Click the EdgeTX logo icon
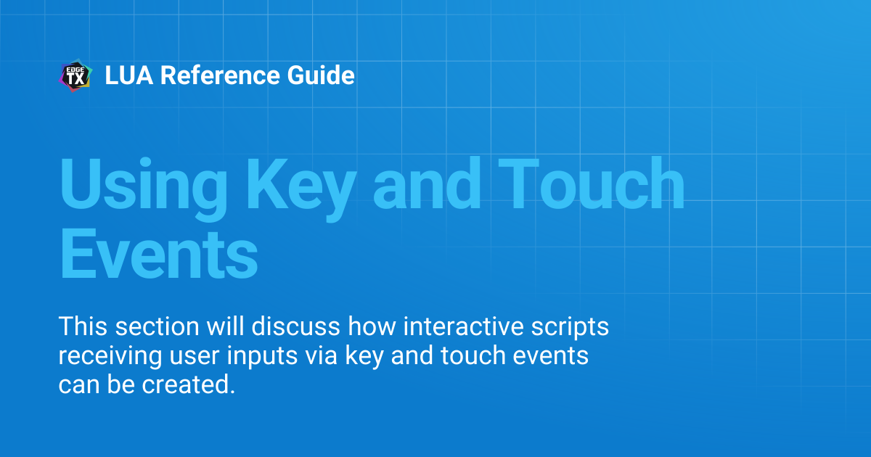coord(75,75)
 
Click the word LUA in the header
coord(129,75)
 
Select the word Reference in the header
coord(220,75)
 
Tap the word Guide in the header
coord(321,75)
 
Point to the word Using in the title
coord(144,189)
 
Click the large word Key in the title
coord(300,189)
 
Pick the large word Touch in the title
coord(591,183)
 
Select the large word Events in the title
coord(159,254)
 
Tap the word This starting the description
coord(83,326)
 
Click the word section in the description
coord(157,326)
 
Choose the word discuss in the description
coord(295,326)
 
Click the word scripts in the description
coord(570,327)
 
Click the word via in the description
coord(321,355)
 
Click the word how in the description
coord(372,326)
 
